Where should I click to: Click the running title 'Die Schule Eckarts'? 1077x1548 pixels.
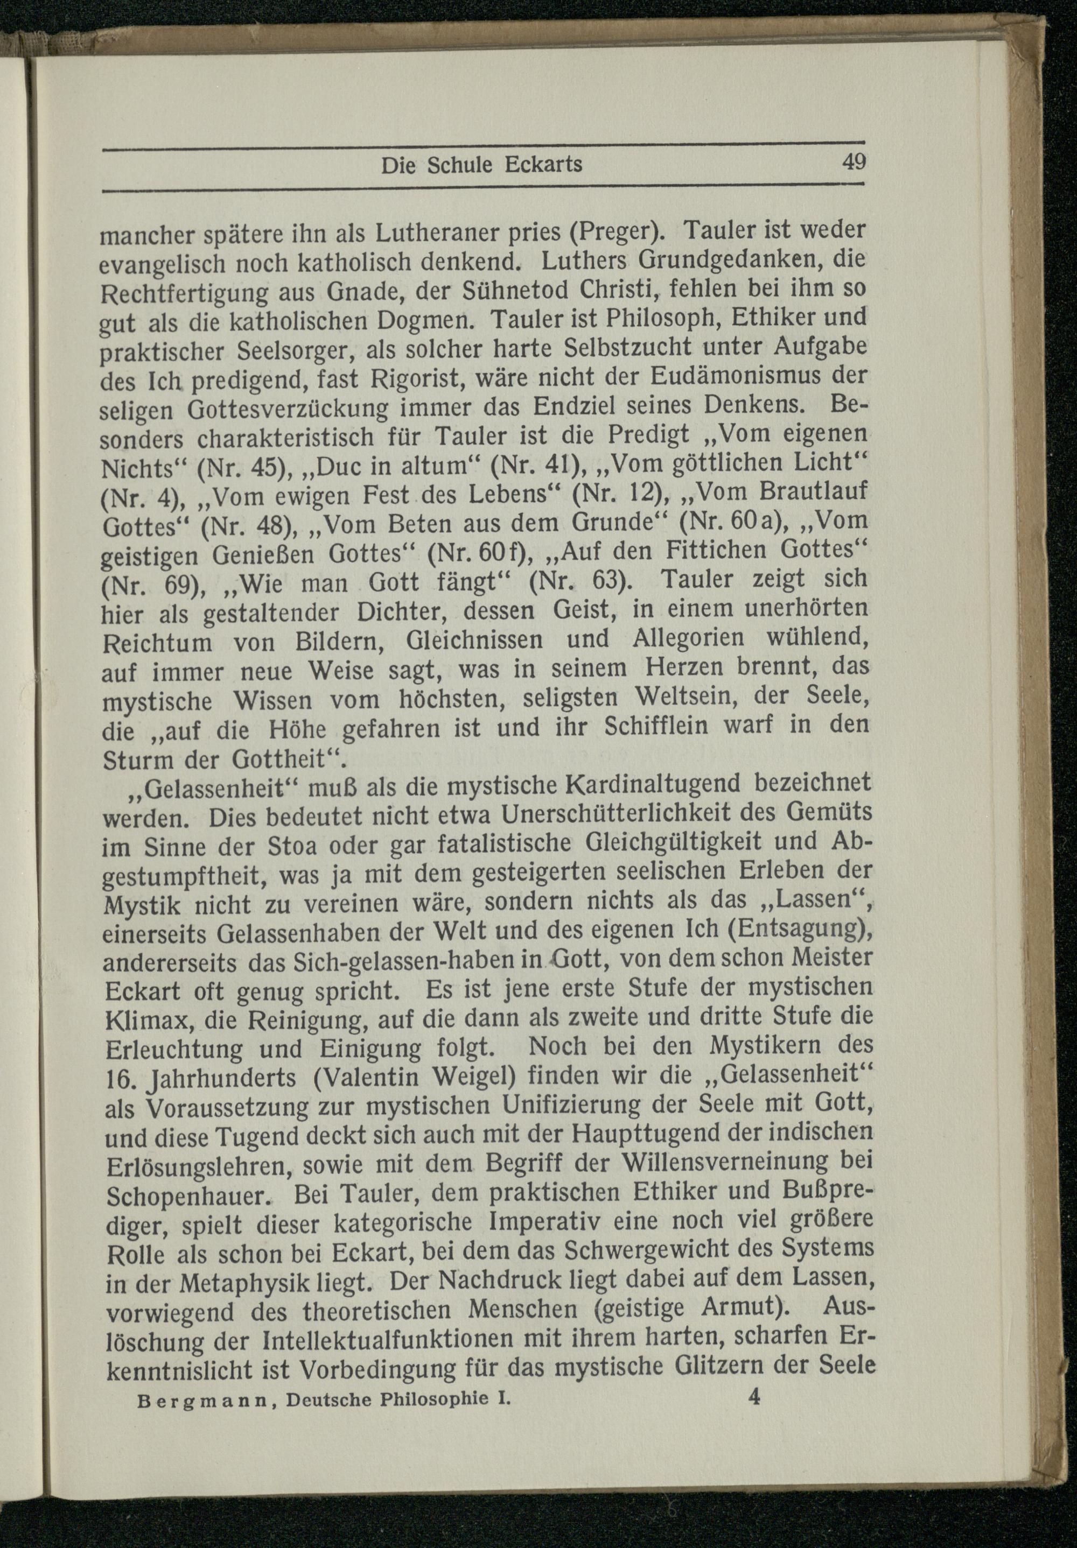481,165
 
